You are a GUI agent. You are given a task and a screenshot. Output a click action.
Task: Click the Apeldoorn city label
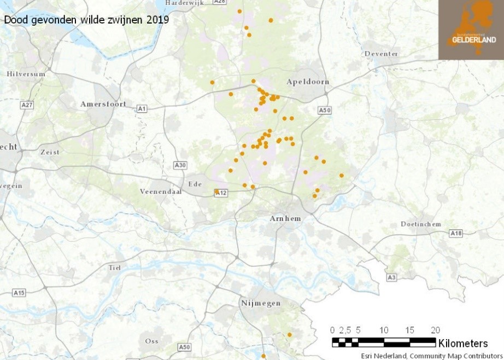pos(308,82)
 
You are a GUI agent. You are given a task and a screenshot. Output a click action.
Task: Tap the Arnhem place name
pos(285,218)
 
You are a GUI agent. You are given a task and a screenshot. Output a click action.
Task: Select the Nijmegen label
pos(261,303)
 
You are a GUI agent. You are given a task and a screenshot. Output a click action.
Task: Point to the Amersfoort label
pos(103,104)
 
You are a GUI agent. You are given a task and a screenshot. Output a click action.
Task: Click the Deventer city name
pos(382,54)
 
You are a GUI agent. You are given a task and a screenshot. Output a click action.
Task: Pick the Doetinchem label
pos(420,224)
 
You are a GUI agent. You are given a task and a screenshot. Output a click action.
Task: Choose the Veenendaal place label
pos(160,191)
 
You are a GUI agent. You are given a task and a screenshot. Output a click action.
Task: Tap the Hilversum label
pos(26,74)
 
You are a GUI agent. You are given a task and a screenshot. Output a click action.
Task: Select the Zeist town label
pos(49,152)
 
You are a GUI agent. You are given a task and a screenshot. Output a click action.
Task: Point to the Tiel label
pos(114,268)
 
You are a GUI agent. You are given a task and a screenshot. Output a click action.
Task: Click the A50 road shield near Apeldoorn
pos(325,111)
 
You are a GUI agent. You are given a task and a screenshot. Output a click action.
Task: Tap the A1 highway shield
pos(142,109)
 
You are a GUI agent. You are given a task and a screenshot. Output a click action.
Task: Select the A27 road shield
pos(27,104)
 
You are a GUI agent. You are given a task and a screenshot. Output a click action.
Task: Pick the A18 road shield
pos(456,234)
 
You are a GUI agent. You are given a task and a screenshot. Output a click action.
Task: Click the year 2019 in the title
pos(159,20)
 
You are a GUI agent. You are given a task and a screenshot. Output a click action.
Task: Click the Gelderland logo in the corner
pos(471,30)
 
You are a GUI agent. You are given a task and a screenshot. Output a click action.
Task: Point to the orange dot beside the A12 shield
pos(216,191)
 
